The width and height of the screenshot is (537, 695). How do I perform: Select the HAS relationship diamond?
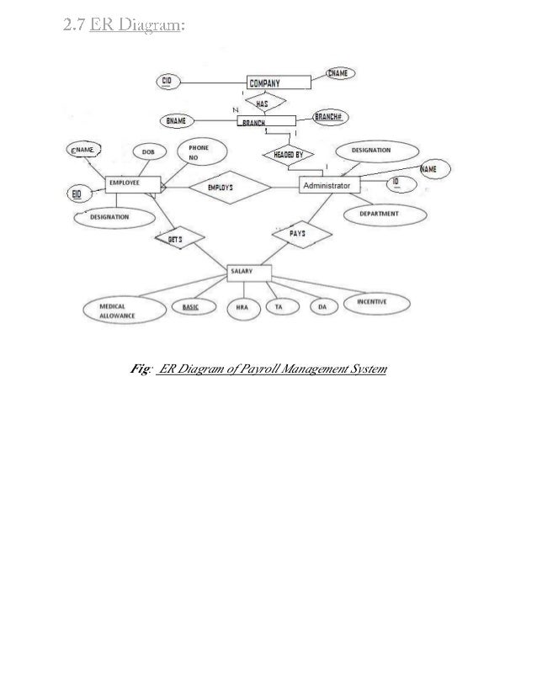click(261, 103)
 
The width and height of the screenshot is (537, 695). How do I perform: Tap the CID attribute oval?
click(167, 81)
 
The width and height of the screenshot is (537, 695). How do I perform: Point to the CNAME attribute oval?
click(338, 74)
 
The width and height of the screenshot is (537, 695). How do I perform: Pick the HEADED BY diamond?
click(289, 154)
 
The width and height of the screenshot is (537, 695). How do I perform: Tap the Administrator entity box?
click(330, 185)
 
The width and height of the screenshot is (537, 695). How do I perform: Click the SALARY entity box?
click(250, 272)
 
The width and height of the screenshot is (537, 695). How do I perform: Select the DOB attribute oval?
click(148, 152)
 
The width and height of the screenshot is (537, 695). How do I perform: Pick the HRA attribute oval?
click(242, 308)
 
